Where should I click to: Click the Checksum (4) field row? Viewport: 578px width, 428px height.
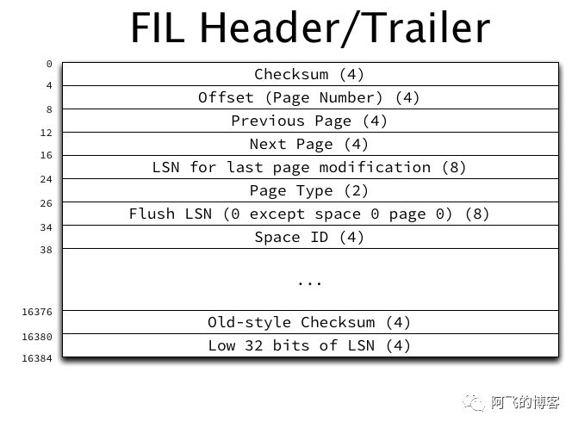point(309,74)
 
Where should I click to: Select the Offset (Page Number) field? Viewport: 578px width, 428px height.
point(309,97)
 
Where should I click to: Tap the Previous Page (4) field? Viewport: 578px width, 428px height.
point(309,121)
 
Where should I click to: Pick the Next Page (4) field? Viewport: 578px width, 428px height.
point(309,144)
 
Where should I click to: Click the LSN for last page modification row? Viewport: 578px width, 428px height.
point(309,167)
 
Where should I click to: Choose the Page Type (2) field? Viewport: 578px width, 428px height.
point(309,190)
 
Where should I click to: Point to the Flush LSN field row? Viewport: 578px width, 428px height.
point(309,214)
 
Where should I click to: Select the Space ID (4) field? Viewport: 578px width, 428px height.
point(309,237)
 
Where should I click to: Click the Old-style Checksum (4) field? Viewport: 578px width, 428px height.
point(309,322)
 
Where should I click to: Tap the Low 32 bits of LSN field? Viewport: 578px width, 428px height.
point(309,345)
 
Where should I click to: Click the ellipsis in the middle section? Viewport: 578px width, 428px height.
point(309,282)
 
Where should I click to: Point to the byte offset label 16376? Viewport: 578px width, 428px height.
point(37,312)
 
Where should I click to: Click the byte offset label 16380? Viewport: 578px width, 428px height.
point(37,337)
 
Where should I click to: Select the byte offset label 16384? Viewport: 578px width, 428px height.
point(37,357)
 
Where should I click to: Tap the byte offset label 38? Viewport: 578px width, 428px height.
point(47,250)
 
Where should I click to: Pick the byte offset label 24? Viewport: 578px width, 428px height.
point(47,179)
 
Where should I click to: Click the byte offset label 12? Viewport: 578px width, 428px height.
point(47,133)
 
